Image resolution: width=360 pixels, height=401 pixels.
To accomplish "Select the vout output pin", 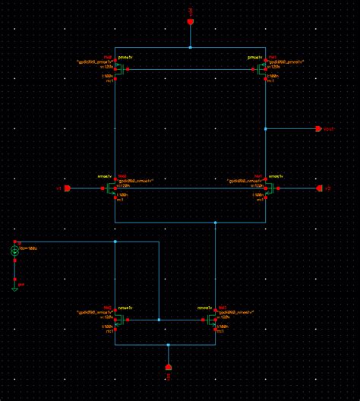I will coord(318,129).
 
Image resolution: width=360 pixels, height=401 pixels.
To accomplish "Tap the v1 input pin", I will coord(67,188).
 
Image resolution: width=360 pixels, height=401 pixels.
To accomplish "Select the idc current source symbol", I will coord(14,251).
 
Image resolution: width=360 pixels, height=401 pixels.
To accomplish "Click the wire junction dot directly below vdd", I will coord(191,47).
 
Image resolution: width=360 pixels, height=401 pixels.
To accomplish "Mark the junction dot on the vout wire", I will coord(266,129).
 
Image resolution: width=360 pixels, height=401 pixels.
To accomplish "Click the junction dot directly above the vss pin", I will coord(168,345).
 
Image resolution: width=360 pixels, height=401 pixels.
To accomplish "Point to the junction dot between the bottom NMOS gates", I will coord(159,320).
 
